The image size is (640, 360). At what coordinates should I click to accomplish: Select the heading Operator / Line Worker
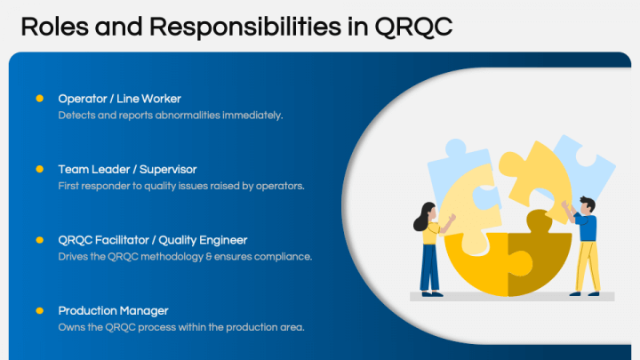[119, 98]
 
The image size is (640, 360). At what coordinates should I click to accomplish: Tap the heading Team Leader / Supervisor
[127, 169]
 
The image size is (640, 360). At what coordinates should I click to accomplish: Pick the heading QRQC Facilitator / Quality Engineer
[152, 240]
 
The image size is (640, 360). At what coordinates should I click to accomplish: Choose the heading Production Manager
[113, 310]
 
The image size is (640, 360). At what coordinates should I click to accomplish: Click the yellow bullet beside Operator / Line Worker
[39, 98]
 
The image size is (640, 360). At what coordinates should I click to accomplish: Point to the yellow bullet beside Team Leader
[39, 169]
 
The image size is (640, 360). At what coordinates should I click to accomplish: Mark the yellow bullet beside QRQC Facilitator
[39, 240]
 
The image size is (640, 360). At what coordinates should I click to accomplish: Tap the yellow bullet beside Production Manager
[39, 310]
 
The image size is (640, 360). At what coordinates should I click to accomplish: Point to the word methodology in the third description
[180, 257]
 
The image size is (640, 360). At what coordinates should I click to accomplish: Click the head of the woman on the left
[426, 212]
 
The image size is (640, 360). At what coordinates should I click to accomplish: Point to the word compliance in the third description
[282, 257]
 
